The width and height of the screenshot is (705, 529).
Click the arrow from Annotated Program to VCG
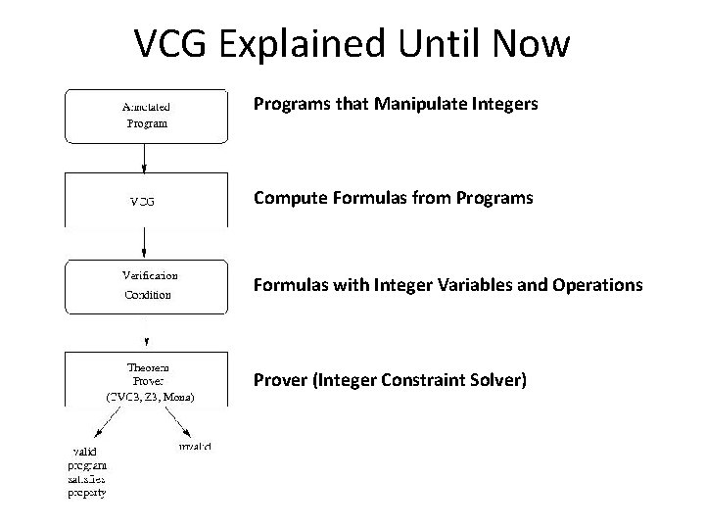[x=146, y=158]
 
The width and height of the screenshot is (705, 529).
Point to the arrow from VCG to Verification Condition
[x=146, y=242]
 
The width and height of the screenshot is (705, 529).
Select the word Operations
[x=594, y=286]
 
